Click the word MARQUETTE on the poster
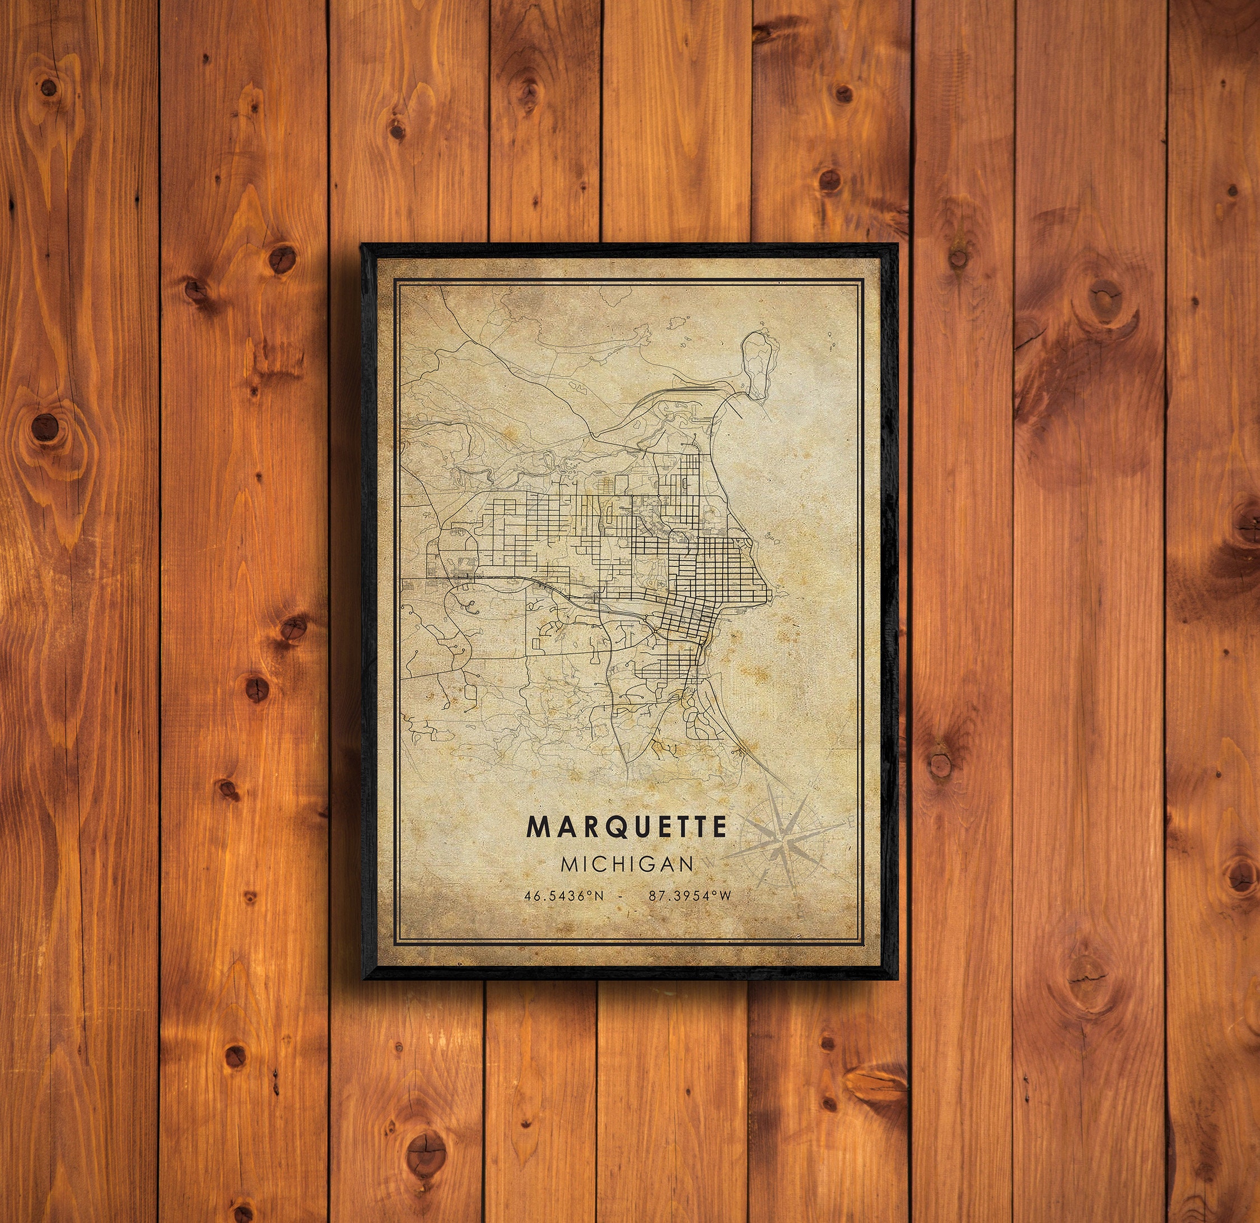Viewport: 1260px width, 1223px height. [627, 827]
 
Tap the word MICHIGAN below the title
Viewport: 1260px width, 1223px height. [627, 863]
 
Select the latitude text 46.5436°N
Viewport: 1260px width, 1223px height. [564, 895]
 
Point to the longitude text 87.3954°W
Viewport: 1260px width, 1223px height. [690, 895]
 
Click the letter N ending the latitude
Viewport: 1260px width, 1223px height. [599, 895]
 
